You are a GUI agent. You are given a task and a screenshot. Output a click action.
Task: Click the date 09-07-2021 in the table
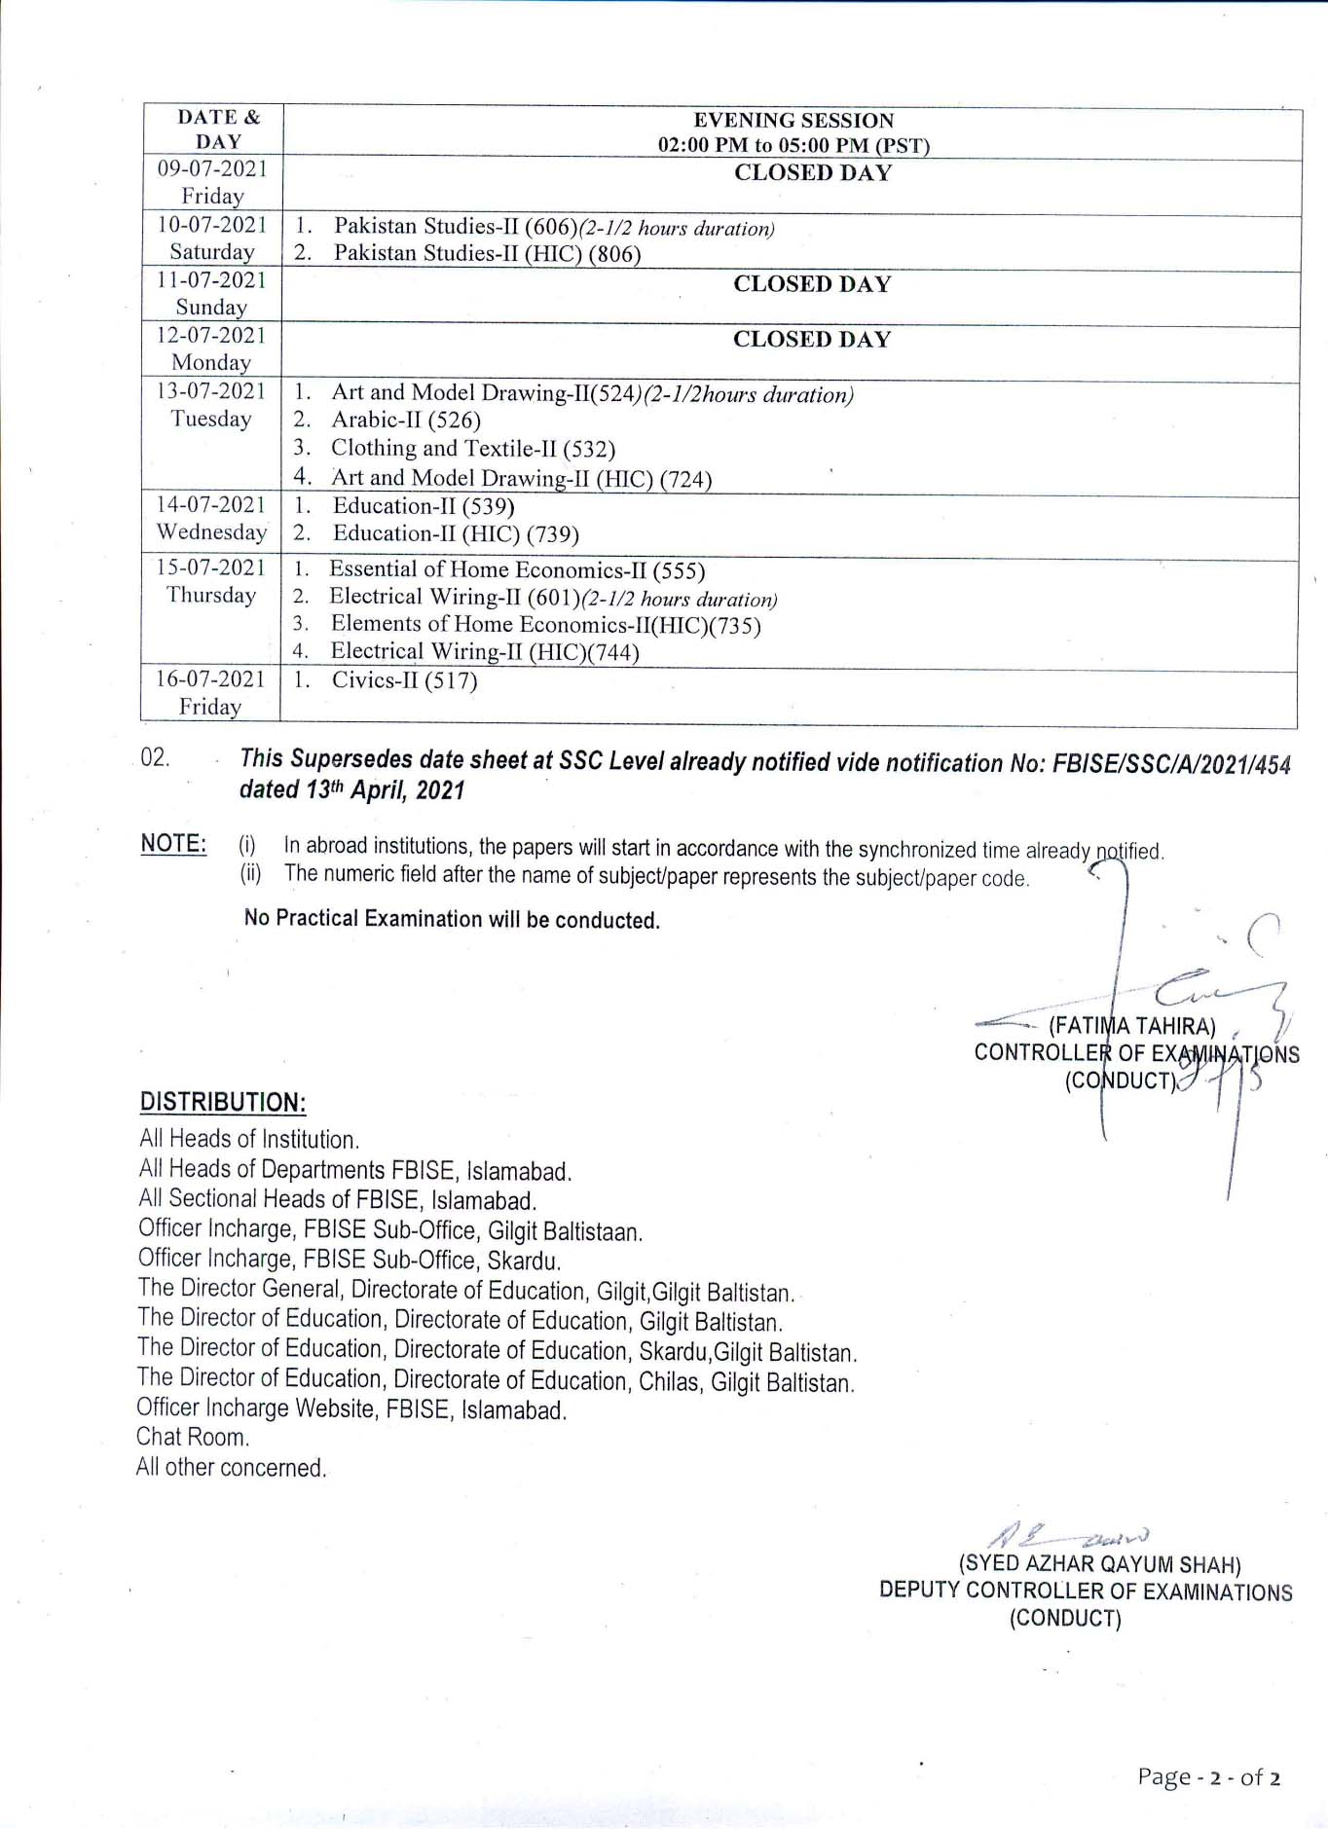(212, 168)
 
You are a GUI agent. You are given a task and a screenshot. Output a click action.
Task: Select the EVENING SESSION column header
(793, 121)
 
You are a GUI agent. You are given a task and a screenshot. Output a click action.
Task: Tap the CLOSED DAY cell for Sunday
(812, 284)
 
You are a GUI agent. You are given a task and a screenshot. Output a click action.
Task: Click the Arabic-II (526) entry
(406, 421)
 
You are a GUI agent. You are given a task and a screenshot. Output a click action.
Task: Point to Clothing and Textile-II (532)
(473, 449)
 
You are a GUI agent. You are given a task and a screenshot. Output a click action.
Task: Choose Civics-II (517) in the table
(404, 680)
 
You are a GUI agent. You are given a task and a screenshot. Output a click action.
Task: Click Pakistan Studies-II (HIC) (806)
(487, 254)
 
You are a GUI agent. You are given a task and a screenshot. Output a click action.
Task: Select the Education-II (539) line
(424, 506)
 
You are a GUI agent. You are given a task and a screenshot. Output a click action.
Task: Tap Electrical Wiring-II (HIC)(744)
(485, 652)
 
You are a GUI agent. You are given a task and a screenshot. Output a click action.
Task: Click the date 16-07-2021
(210, 678)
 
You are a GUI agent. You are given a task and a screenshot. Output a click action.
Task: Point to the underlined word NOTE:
(173, 844)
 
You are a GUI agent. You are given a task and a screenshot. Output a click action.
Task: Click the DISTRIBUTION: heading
(223, 1102)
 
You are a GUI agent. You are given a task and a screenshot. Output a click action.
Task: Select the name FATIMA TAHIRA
(1131, 1026)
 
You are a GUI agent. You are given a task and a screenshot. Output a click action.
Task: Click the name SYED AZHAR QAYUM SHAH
(1100, 1564)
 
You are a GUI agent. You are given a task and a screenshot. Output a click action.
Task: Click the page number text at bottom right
(1208, 1777)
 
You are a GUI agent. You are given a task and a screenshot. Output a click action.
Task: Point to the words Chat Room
(193, 1437)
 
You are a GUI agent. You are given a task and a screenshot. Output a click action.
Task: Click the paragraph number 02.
(155, 758)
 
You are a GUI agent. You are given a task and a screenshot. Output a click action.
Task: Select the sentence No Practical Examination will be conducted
(452, 919)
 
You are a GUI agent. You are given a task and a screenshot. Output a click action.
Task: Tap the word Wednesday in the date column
(211, 532)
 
